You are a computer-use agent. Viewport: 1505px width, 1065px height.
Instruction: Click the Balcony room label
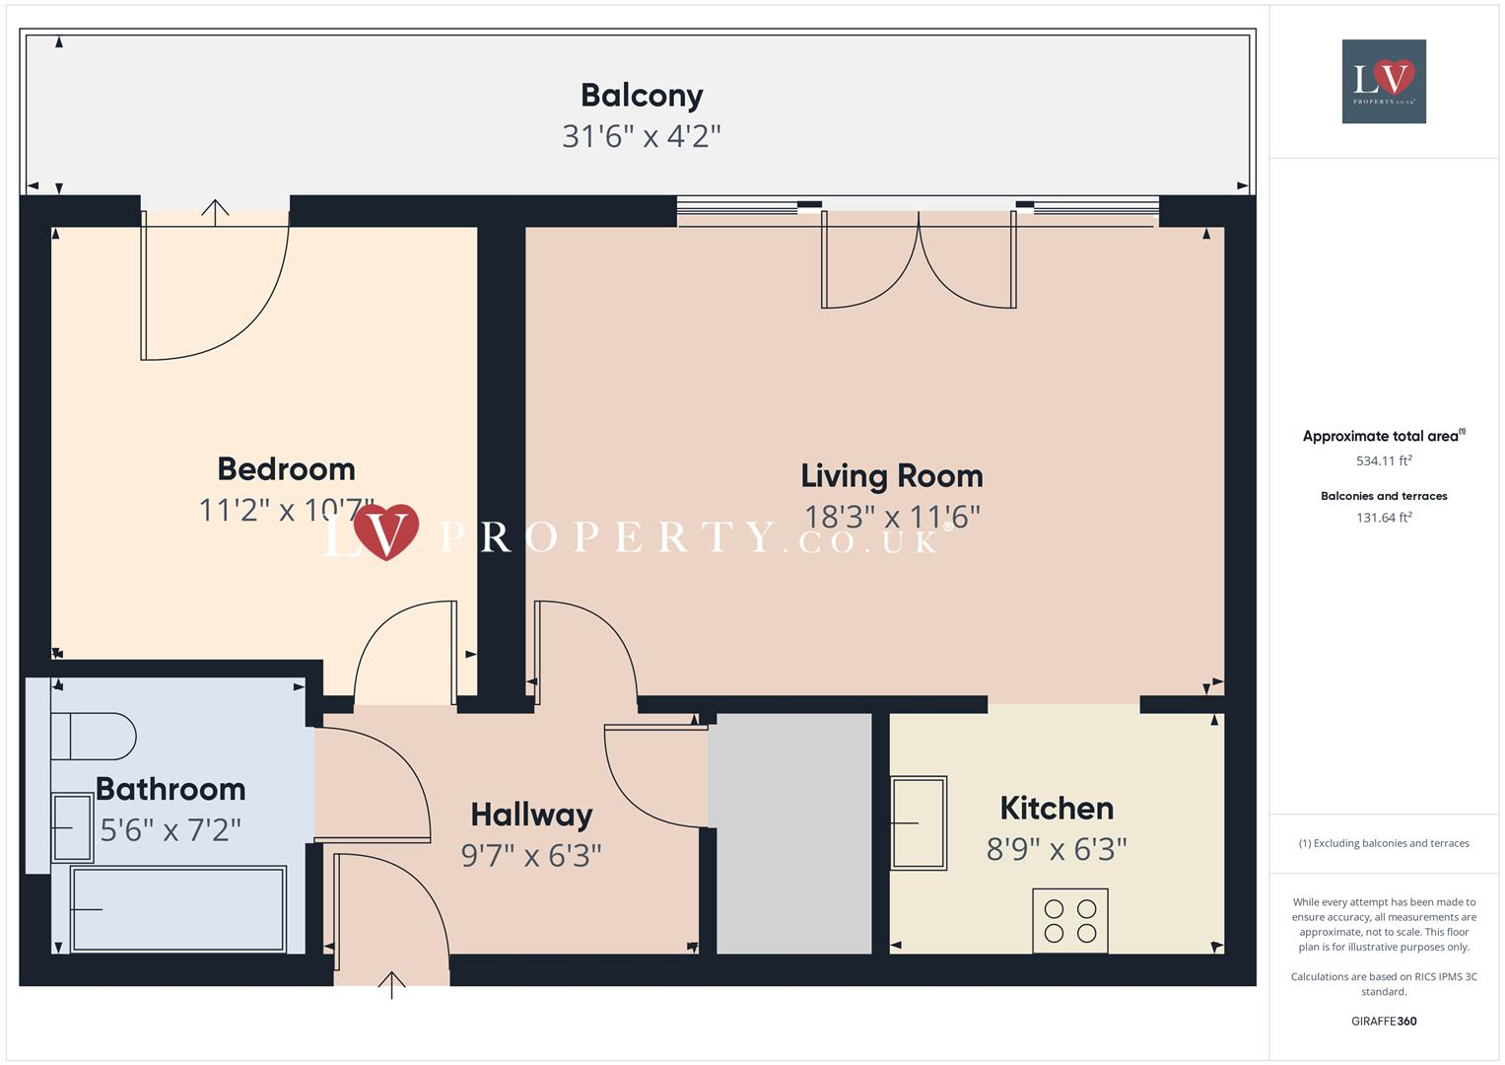pyautogui.click(x=642, y=96)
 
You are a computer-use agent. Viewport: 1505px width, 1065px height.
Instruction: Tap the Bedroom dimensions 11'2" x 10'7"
pyautogui.click(x=286, y=510)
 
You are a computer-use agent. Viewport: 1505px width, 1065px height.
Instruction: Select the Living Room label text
pyautogui.click(x=891, y=476)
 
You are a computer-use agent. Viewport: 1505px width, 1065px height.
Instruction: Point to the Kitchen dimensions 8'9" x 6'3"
pyautogui.click(x=1057, y=849)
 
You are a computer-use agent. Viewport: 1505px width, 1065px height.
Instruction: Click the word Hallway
pyautogui.click(x=531, y=815)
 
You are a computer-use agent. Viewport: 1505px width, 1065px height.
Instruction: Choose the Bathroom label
pyautogui.click(x=171, y=789)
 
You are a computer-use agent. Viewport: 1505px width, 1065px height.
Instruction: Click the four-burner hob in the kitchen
pyautogui.click(x=1070, y=920)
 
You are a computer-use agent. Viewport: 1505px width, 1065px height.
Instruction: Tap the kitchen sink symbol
pyautogui.click(x=919, y=822)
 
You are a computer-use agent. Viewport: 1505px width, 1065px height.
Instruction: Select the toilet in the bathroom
pyautogui.click(x=94, y=736)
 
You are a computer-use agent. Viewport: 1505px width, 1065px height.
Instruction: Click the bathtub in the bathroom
pyautogui.click(x=178, y=908)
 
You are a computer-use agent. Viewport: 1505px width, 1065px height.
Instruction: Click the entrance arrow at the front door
pyautogui.click(x=392, y=983)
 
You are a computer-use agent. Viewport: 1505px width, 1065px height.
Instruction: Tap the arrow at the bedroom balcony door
pyautogui.click(x=215, y=209)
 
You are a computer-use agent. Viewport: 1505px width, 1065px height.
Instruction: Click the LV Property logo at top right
pyautogui.click(x=1384, y=81)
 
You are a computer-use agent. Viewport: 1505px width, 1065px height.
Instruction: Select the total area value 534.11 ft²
pyautogui.click(x=1384, y=461)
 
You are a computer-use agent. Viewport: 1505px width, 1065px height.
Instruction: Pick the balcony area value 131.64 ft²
pyautogui.click(x=1384, y=518)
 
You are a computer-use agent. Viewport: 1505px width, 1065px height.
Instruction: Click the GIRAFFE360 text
pyautogui.click(x=1384, y=1021)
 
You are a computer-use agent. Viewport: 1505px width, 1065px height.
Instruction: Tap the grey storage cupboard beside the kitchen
pyautogui.click(x=793, y=833)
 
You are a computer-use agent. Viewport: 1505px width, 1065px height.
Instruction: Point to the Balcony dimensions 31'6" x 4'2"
pyautogui.click(x=642, y=136)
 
